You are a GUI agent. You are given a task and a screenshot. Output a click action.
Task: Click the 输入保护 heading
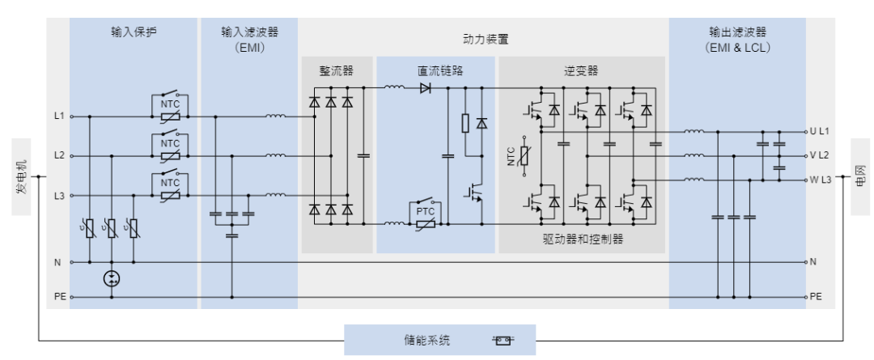[134, 32]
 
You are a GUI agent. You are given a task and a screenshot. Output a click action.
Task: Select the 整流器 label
[337, 70]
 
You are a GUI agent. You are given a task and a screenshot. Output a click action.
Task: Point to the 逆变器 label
[581, 70]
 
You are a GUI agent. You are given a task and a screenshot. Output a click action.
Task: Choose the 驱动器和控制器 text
[583, 239]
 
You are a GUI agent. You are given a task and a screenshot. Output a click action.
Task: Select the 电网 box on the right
[860, 176]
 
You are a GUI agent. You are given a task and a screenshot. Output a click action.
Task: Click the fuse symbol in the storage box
[503, 340]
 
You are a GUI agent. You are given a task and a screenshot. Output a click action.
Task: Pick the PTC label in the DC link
[426, 212]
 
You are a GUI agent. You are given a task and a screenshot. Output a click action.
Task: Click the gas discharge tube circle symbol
[112, 278]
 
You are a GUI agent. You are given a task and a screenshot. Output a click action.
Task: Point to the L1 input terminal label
[60, 116]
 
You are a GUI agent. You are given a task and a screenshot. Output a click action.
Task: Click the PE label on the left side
[60, 297]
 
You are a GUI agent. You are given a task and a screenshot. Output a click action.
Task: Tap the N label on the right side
[813, 262]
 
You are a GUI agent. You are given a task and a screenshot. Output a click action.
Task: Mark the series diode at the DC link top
[426, 87]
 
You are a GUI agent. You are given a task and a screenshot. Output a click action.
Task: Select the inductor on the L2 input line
[275, 155]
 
